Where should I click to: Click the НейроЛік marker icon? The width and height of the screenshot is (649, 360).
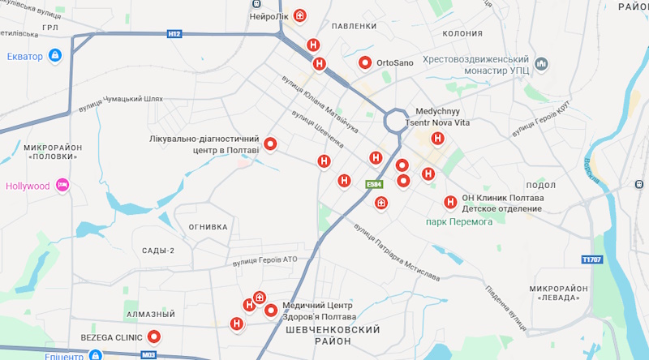[300, 15]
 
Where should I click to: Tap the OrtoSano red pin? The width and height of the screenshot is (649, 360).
[365, 62]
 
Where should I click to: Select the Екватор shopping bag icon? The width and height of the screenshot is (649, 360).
[54, 56]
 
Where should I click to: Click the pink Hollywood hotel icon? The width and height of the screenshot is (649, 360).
[62, 186]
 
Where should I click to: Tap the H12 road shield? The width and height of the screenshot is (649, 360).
[174, 34]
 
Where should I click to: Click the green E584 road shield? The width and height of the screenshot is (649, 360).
[373, 185]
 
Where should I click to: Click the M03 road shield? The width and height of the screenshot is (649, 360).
[148, 355]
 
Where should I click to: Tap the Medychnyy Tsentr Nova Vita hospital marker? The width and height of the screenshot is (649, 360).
[437, 139]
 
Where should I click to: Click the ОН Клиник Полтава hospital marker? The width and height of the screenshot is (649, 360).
[450, 203]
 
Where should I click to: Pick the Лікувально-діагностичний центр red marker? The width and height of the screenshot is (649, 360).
[271, 144]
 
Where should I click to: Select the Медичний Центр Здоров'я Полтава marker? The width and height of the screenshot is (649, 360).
[270, 310]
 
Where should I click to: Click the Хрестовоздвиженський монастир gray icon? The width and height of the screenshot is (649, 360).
[542, 62]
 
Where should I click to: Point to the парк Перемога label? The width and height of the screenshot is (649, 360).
[460, 221]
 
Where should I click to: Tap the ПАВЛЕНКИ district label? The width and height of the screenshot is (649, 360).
[355, 27]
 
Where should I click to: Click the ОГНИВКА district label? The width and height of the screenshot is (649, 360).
[208, 227]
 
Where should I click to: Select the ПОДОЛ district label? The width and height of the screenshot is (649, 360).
[541, 185]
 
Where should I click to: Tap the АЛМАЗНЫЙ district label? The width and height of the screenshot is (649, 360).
[152, 314]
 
